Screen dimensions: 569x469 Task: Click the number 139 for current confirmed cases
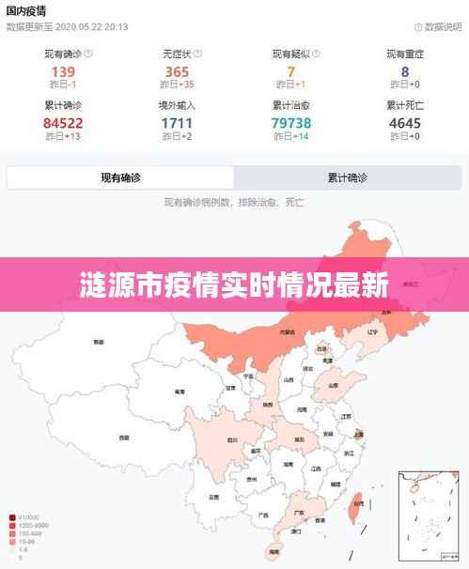point(63,71)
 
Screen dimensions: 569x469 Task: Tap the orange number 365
point(178,71)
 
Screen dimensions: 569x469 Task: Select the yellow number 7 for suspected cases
point(291,71)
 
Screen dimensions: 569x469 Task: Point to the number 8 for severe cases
point(405,71)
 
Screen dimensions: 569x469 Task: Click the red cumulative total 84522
point(63,122)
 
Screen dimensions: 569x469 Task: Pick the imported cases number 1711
point(178,122)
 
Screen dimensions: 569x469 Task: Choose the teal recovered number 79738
point(291,122)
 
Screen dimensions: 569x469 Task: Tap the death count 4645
point(405,122)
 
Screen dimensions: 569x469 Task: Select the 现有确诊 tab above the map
point(120,177)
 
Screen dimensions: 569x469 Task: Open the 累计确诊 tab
point(347,177)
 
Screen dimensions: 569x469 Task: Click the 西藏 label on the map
point(123,438)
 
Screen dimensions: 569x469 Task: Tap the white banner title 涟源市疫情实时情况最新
point(234,284)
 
